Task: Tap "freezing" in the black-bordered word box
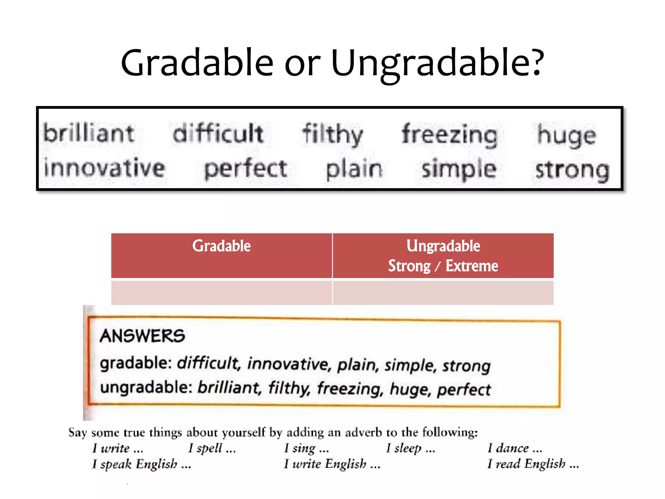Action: pyautogui.click(x=450, y=135)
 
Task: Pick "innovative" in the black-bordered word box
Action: pyautogui.click(x=105, y=168)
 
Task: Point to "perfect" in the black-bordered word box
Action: pyautogui.click(x=245, y=169)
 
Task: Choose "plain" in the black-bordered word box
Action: pyautogui.click(x=354, y=170)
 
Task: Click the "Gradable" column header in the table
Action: pyautogui.click(x=221, y=246)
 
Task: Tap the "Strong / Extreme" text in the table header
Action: pyautogui.click(x=443, y=266)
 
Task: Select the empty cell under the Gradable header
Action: pyautogui.click(x=221, y=292)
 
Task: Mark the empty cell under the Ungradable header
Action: pyautogui.click(x=443, y=292)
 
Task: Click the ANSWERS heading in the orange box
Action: pyautogui.click(x=142, y=336)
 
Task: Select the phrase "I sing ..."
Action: pyautogui.click(x=306, y=448)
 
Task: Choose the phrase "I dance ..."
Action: pyautogui.click(x=515, y=448)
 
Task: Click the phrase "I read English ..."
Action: pyautogui.click(x=533, y=464)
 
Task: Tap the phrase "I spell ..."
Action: pyautogui.click(x=212, y=448)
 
